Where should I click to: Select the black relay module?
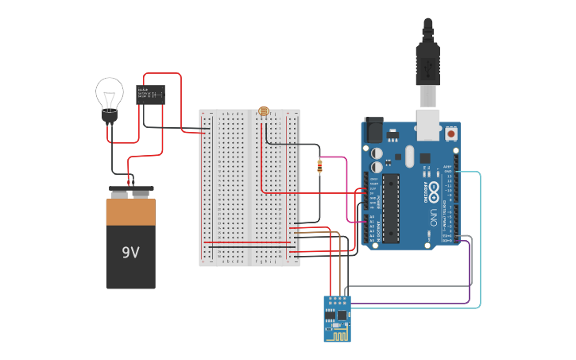(150, 95)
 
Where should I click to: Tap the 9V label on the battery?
(130, 253)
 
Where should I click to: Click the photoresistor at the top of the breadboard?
(263, 111)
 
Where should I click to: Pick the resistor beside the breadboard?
(319, 167)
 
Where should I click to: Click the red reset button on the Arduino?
(452, 134)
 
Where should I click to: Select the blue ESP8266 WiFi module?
(337, 319)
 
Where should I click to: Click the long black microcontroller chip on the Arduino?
(391, 207)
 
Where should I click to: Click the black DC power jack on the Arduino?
(373, 131)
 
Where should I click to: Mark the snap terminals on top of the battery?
(131, 192)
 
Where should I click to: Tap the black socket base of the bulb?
(109, 117)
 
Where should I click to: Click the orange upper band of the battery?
(131, 211)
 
